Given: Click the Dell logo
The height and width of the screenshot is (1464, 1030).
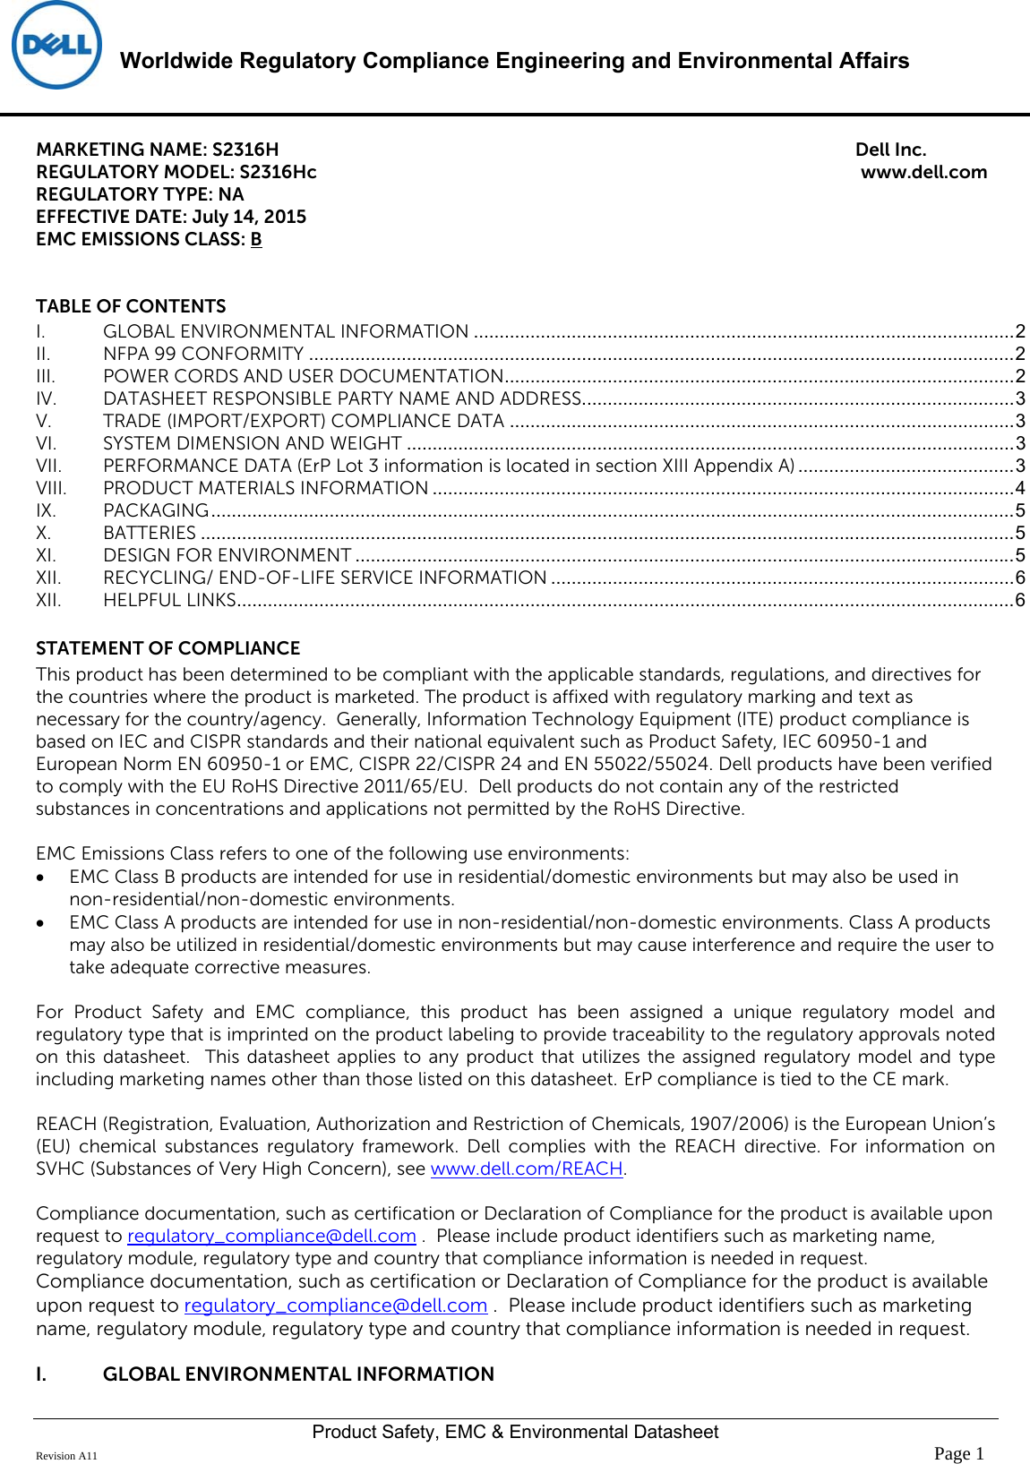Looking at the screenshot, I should tap(56, 46).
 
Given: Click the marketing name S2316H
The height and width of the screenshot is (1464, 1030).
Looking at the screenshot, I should tap(245, 150).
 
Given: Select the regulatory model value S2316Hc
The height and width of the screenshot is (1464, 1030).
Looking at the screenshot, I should tap(278, 172).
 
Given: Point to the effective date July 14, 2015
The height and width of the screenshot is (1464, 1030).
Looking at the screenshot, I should tap(249, 217).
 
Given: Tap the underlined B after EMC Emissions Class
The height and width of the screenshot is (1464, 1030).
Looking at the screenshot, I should tap(256, 239).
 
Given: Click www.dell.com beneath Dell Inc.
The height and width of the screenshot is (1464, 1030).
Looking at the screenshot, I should tap(923, 172).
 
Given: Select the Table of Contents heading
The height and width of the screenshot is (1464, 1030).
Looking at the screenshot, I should tap(131, 306).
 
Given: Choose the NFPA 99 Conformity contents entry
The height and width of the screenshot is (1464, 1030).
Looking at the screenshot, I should tap(203, 354).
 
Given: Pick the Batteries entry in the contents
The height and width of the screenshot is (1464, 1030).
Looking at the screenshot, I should tap(150, 533).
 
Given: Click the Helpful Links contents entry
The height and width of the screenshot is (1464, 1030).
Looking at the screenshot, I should tap(169, 600).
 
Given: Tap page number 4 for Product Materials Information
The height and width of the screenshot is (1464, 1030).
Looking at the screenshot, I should tap(1020, 488).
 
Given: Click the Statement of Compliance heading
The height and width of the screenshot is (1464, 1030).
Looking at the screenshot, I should tap(168, 648).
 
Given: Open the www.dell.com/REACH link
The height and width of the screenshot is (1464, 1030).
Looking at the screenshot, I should tap(527, 1169).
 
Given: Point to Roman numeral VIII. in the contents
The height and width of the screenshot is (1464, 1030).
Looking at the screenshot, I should tap(51, 488).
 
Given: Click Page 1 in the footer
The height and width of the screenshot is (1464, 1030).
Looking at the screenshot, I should tap(958, 1453).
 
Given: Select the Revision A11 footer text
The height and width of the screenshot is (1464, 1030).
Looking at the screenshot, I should tap(66, 1456).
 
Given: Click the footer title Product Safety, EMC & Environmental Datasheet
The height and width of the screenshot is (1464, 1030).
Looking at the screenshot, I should tap(515, 1432).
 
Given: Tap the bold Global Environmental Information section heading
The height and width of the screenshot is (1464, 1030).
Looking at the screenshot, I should tap(298, 1374).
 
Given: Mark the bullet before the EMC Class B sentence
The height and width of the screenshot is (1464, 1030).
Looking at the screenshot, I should tap(41, 878).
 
